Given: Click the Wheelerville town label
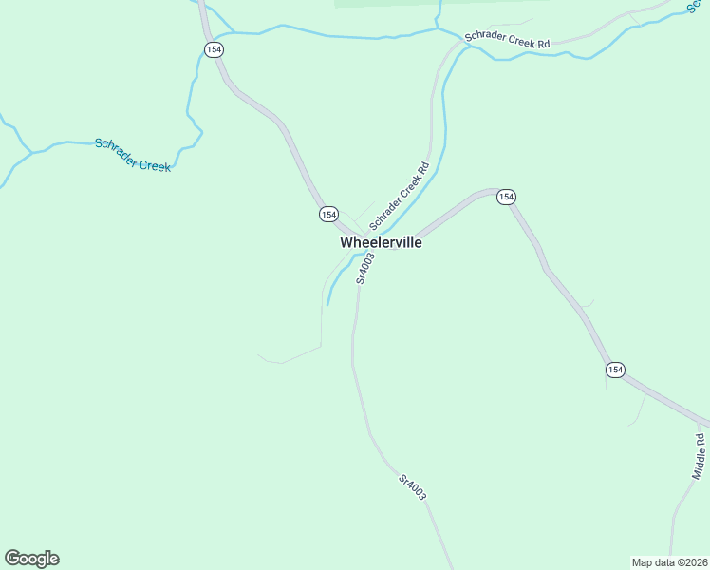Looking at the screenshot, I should (381, 242).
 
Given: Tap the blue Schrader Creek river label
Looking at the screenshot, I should (133, 155).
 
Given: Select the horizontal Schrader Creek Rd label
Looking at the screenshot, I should (507, 42).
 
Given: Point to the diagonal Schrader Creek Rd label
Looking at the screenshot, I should (400, 196).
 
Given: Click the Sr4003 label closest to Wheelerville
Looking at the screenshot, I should (362, 269).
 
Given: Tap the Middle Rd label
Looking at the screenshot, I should (700, 455).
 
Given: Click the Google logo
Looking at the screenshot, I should (31, 559).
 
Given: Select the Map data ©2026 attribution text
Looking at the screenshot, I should (669, 561).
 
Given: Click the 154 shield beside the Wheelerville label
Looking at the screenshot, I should (328, 215).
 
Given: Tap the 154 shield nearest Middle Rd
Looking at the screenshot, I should (615, 370).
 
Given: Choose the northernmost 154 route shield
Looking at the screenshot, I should (214, 49).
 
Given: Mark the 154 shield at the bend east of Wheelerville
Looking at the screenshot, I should (506, 197).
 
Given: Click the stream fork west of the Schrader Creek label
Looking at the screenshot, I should (31, 151).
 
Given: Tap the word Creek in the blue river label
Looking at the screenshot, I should (155, 164).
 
